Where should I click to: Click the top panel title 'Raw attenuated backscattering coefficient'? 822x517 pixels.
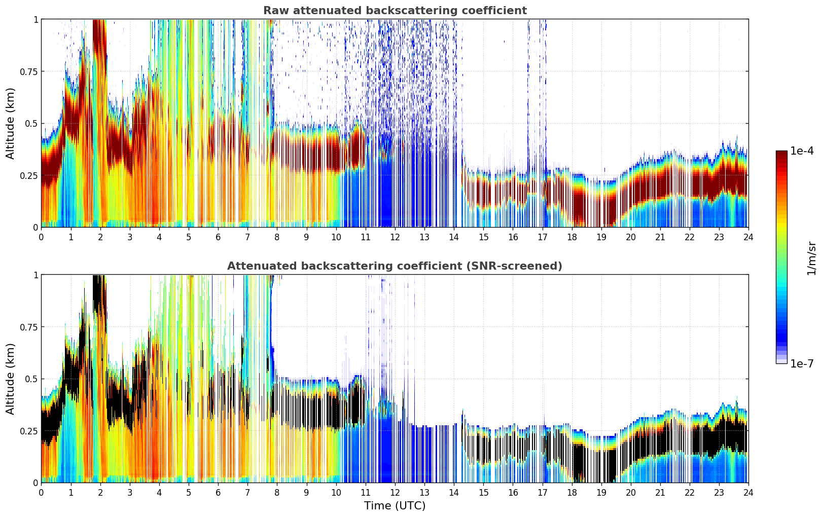(x=395, y=11)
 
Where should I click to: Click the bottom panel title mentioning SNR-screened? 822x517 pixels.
(x=395, y=266)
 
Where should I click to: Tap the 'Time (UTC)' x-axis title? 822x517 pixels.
(x=395, y=506)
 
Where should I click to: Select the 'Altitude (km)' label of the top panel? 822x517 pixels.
(x=10, y=123)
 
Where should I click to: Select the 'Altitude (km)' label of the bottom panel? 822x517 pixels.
(x=10, y=379)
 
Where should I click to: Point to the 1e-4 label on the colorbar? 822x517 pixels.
(x=802, y=151)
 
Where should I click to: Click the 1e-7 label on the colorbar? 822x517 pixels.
(x=802, y=363)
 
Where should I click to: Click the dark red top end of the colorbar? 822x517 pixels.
(x=781, y=153)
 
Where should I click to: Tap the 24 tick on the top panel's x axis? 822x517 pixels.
(x=748, y=237)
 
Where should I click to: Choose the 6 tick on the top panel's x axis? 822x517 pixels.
(x=218, y=237)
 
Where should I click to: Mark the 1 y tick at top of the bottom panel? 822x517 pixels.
(x=35, y=275)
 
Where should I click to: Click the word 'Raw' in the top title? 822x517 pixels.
(x=273, y=11)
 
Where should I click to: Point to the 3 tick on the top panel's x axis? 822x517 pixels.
(x=130, y=237)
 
